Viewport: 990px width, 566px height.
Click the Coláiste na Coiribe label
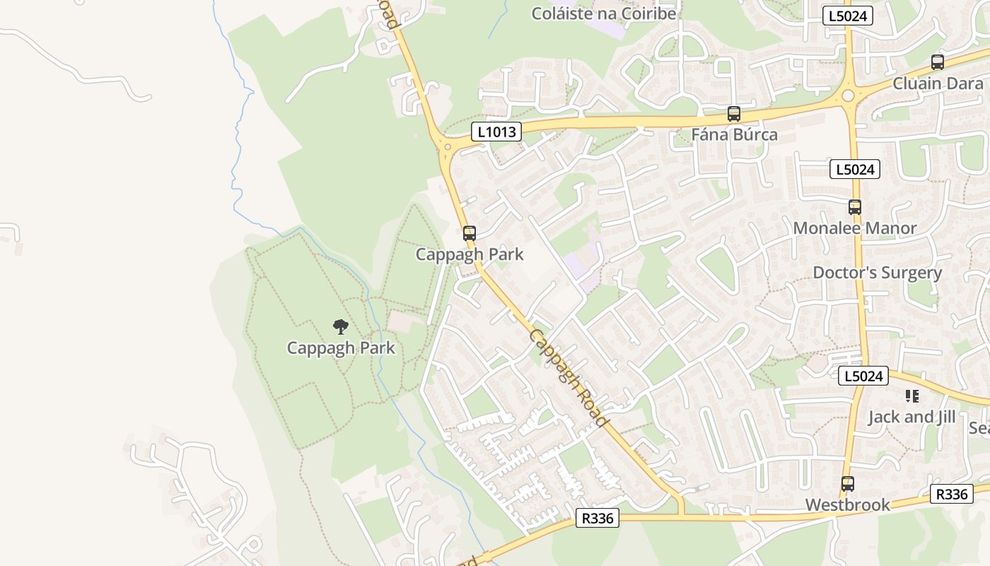point(603,13)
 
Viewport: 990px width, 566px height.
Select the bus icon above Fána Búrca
point(734,113)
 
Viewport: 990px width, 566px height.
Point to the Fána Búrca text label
point(734,134)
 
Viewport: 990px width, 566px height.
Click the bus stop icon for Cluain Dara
point(938,62)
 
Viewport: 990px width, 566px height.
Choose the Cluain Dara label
point(938,83)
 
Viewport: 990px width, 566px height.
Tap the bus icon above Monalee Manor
point(855,207)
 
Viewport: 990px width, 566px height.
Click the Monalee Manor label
point(854,228)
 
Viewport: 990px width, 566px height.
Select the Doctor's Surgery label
point(877,272)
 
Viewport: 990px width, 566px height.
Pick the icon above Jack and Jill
point(912,396)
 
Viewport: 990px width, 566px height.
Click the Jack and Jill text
point(912,417)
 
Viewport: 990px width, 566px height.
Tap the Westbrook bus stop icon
point(848,485)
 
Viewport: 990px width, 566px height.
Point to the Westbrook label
point(848,505)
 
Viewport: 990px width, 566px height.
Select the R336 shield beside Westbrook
point(951,495)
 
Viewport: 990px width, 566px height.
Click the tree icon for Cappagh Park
point(341,327)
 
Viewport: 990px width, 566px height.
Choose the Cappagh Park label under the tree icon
point(341,348)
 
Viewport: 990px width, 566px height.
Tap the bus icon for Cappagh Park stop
point(470,233)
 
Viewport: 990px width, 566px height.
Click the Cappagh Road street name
point(569,378)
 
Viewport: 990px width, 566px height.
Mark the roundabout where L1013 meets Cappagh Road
point(447,147)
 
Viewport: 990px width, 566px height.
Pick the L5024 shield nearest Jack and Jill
point(863,376)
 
